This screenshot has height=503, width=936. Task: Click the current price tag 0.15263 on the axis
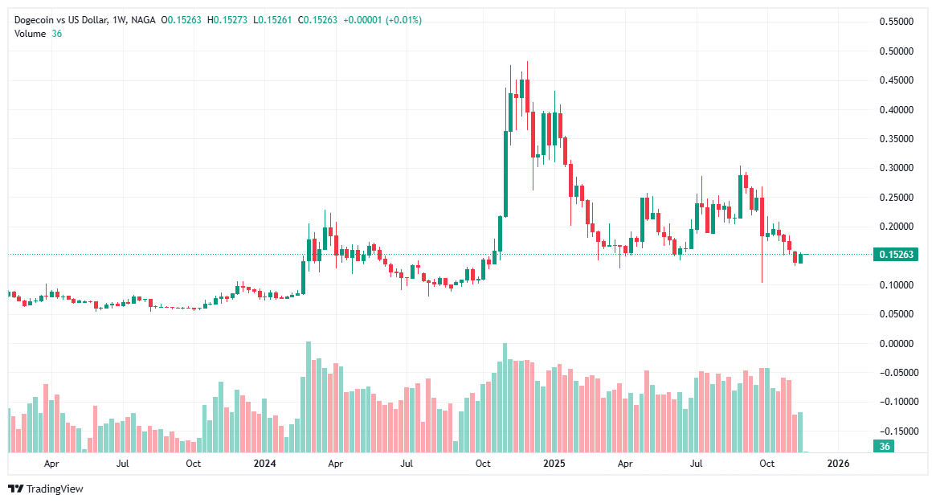[894, 255]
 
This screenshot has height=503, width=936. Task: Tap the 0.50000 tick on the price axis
[894, 51]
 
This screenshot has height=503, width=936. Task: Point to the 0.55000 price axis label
[894, 22]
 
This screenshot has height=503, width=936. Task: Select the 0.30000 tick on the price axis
[894, 168]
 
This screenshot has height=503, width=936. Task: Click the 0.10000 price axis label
[894, 285]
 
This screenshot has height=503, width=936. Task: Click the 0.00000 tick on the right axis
[894, 344]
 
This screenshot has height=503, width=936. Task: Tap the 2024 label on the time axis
[264, 464]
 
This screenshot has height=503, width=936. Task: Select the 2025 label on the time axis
[554, 464]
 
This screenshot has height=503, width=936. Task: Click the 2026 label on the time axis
[838, 464]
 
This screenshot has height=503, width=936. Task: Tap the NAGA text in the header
[142, 19]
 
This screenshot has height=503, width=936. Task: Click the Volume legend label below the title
[30, 33]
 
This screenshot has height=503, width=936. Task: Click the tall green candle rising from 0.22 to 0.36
[505, 173]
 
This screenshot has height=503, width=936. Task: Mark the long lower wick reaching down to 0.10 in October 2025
[762, 261]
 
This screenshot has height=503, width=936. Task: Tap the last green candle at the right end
[800, 258]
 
